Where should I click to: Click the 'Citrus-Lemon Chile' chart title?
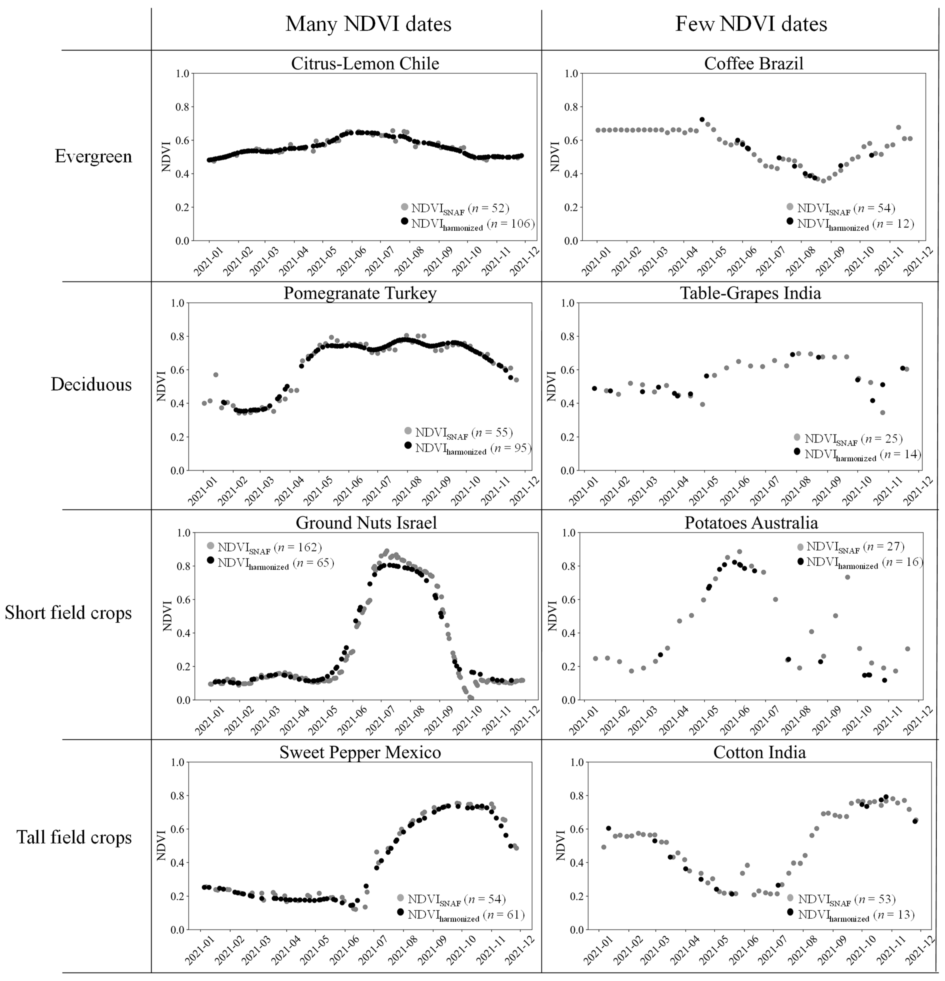365,64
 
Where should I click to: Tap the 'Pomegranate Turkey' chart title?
360,293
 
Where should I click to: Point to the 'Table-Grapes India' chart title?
750,293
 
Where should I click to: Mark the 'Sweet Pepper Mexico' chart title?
360,752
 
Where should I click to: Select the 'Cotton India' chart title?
759,752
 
